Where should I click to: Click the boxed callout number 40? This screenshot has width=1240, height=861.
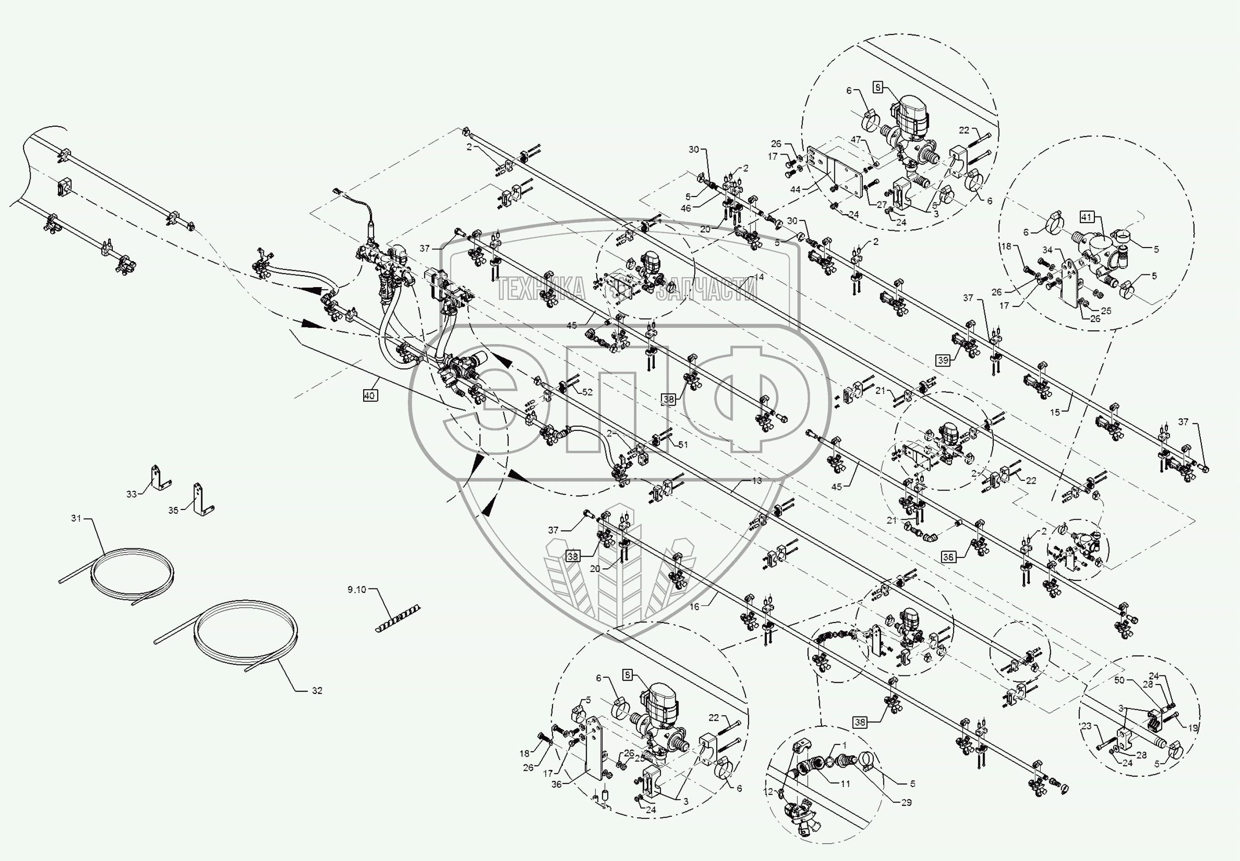tap(369, 396)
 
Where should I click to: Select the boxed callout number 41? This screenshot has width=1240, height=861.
tap(1086, 217)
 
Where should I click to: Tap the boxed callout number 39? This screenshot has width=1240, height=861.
tap(943, 361)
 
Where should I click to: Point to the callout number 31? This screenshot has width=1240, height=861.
tap(76, 518)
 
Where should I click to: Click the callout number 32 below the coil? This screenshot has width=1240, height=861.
tap(317, 691)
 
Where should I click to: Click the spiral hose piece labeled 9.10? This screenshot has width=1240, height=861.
tap(397, 619)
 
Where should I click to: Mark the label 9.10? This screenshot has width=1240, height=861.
tap(356, 590)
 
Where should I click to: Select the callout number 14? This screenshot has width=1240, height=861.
tap(759, 277)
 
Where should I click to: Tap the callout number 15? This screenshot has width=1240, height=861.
tap(1055, 412)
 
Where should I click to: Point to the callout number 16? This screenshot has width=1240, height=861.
tap(694, 606)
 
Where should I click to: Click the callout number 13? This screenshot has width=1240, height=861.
tap(757, 480)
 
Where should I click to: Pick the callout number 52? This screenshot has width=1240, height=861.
tap(587, 392)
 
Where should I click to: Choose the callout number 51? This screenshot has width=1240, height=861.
tap(683, 444)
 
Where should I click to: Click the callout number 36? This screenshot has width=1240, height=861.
tap(556, 784)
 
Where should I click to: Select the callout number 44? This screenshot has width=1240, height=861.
tap(795, 190)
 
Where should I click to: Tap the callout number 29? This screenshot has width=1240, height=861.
tap(907, 802)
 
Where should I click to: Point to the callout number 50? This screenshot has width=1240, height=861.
tap(1119, 680)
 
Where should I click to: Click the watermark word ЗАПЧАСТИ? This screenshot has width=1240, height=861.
tap(707, 289)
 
